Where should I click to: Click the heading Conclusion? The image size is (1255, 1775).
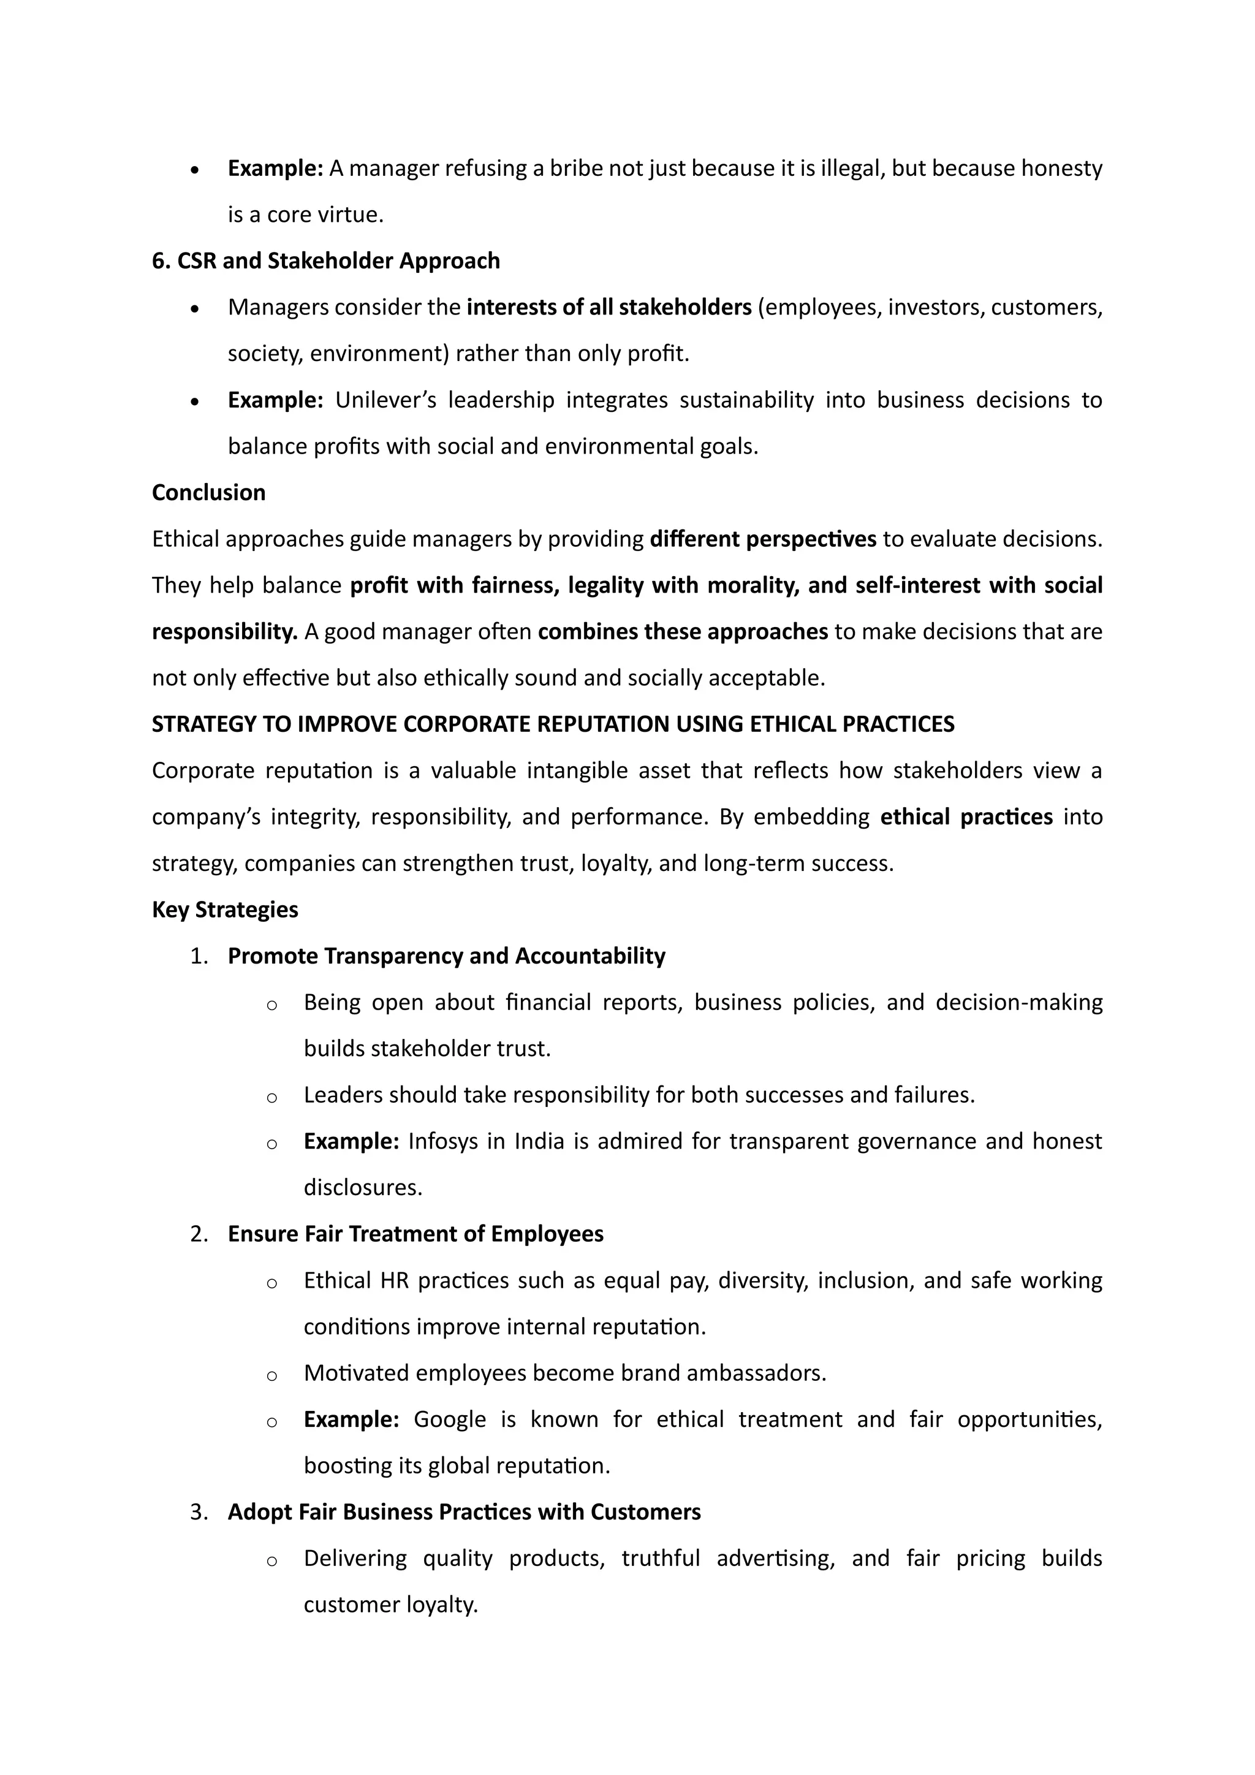(208, 492)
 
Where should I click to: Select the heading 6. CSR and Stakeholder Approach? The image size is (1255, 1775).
(325, 260)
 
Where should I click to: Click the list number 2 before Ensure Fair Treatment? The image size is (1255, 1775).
(199, 1234)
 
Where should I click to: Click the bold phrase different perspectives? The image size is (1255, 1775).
(763, 539)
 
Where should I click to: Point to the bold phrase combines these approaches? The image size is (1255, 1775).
(683, 632)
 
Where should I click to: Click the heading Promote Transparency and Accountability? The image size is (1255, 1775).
(446, 956)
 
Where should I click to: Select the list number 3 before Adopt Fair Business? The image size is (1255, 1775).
(199, 1512)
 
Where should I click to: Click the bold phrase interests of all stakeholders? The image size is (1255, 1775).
(609, 307)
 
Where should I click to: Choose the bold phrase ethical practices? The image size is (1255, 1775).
(966, 817)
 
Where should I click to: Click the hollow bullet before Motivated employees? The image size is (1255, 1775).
(271, 1375)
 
